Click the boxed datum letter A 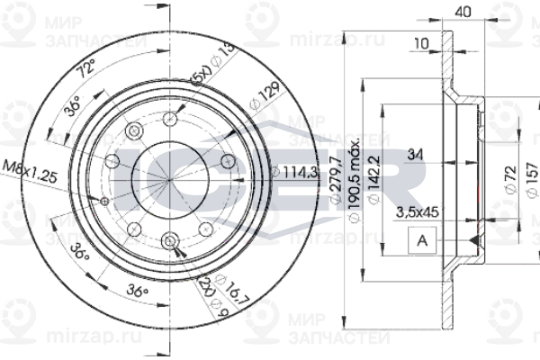[x=421, y=240]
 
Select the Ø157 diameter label [x=532, y=181]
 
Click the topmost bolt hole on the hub [x=170, y=117]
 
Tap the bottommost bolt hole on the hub [x=170, y=238]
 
